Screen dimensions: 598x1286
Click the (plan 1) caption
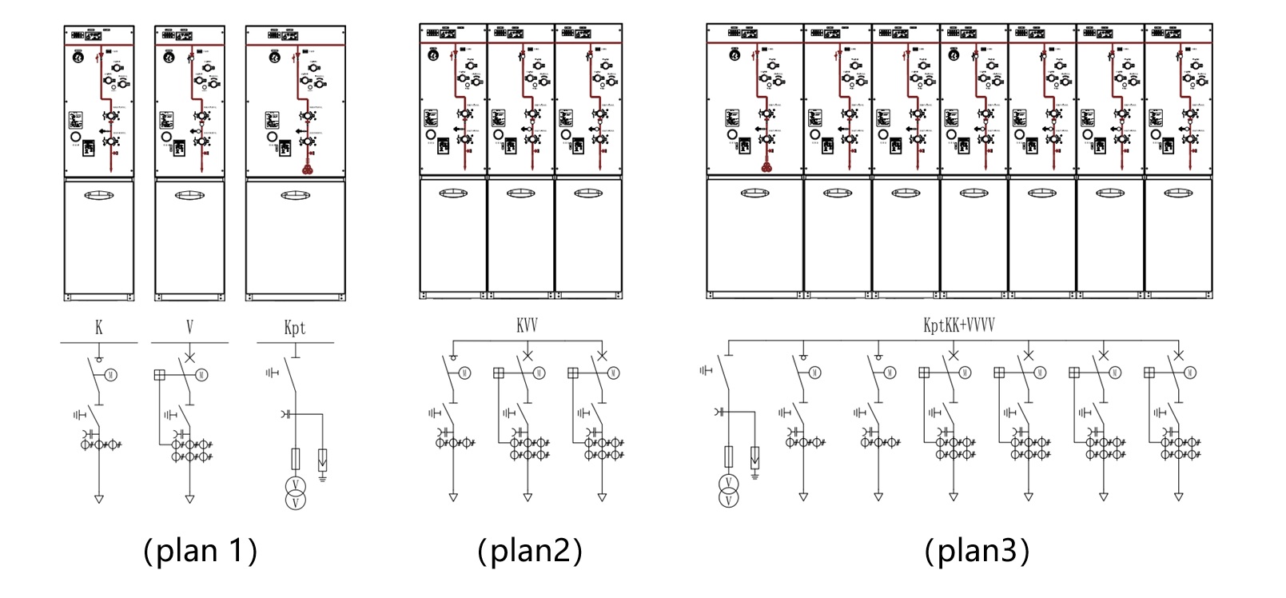coord(200,551)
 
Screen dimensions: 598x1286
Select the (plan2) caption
coord(529,551)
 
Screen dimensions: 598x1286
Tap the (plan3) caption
coord(977,551)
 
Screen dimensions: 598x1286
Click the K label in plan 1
coord(99,327)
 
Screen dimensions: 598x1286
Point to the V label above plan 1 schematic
coord(189,327)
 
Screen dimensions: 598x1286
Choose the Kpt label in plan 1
coord(294,328)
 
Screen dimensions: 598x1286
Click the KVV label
coord(527,326)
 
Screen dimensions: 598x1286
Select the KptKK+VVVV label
coord(958,325)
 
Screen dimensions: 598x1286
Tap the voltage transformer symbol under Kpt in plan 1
coord(296,492)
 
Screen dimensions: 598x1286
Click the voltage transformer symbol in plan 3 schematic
coord(728,491)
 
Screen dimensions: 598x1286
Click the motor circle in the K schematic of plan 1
coord(113,374)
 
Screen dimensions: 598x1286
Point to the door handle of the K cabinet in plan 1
coord(99,194)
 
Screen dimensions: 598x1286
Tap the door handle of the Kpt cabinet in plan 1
coord(296,194)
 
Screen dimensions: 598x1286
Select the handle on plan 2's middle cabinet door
coord(520,193)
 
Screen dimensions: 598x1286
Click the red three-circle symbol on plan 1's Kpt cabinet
coord(305,169)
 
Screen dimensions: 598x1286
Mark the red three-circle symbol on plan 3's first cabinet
coord(766,167)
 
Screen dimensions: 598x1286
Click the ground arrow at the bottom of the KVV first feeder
coord(453,497)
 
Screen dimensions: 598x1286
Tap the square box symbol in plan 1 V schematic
coord(159,374)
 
